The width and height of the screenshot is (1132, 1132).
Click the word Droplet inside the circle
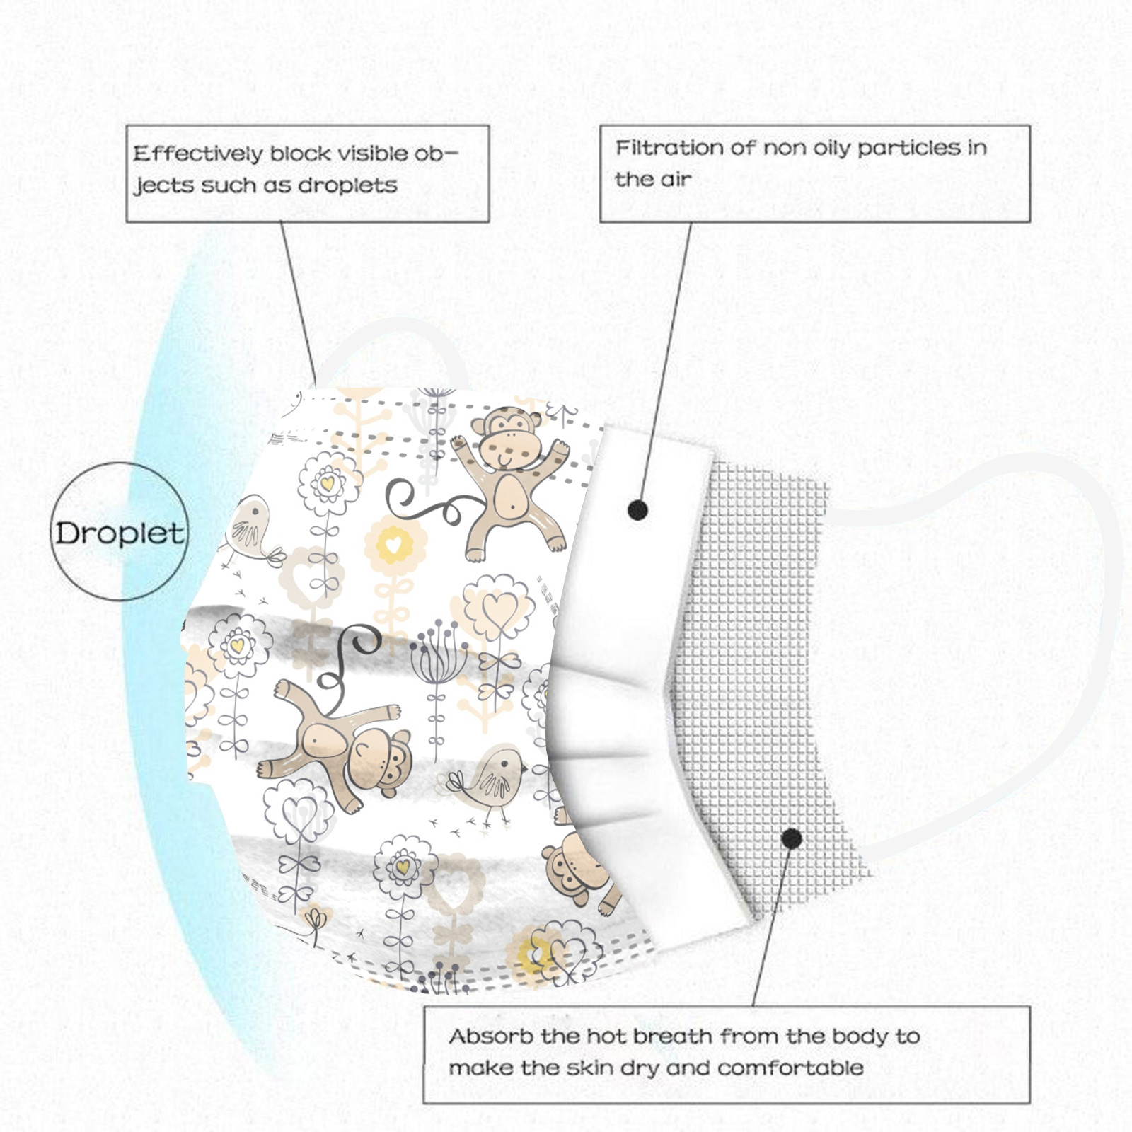pos(119,533)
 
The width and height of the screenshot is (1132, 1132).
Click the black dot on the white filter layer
pos(638,509)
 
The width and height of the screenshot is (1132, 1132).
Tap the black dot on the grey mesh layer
pos(792,839)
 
